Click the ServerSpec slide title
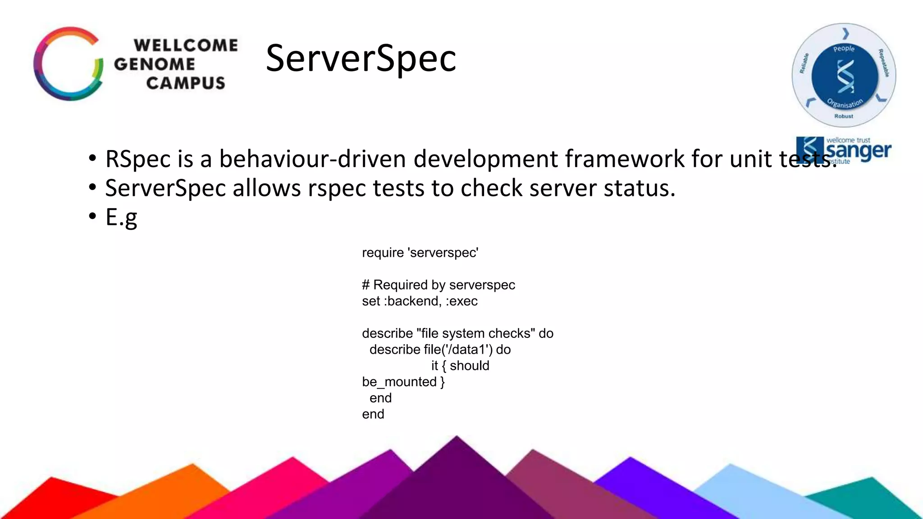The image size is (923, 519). [x=361, y=58]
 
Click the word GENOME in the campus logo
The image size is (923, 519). [x=154, y=64]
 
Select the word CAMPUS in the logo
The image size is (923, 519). [x=185, y=83]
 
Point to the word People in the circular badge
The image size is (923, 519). [x=844, y=49]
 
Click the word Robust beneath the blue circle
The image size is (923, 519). [x=843, y=116]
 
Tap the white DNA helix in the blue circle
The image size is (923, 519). [x=845, y=76]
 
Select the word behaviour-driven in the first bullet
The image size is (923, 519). [x=312, y=159]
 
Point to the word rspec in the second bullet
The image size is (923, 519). [x=336, y=188]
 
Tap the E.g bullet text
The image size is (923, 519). [x=121, y=218]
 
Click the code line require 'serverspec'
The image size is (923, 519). [x=420, y=253]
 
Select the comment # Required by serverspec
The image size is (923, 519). [x=438, y=285]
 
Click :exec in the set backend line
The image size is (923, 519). [x=461, y=301]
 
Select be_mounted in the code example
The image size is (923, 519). [x=399, y=382]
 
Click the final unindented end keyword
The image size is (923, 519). [x=373, y=414]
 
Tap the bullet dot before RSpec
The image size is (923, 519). [x=92, y=159]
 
